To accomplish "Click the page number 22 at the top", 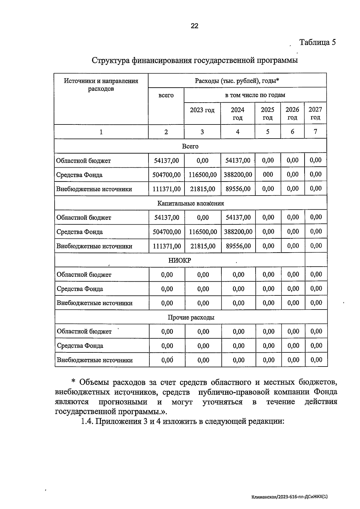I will coord(194,26).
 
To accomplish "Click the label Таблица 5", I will coord(317,42).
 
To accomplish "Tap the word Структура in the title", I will coord(110,60).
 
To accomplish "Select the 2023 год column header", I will coord(202,110).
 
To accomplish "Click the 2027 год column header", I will coord(315,113).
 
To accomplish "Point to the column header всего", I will coord(166,95).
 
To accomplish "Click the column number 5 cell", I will coord(268,131).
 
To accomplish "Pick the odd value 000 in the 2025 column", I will coord(268,175).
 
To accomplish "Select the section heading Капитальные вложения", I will coord(190,203).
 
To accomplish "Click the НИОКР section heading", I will coord(179,260).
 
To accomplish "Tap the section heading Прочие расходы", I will coord(191,317).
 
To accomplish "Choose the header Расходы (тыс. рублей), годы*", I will coord(237,81).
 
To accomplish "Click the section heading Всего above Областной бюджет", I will coord(190,146).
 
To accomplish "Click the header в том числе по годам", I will coord(255,95).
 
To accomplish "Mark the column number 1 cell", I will coord(101,132).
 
